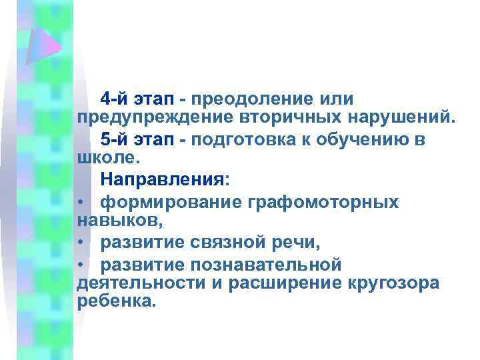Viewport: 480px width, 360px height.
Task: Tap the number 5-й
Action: pyautogui.click(x=115, y=141)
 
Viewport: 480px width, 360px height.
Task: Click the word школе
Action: pyautogui.click(x=107, y=159)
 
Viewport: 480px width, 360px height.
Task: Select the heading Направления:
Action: pyautogui.click(x=164, y=181)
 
